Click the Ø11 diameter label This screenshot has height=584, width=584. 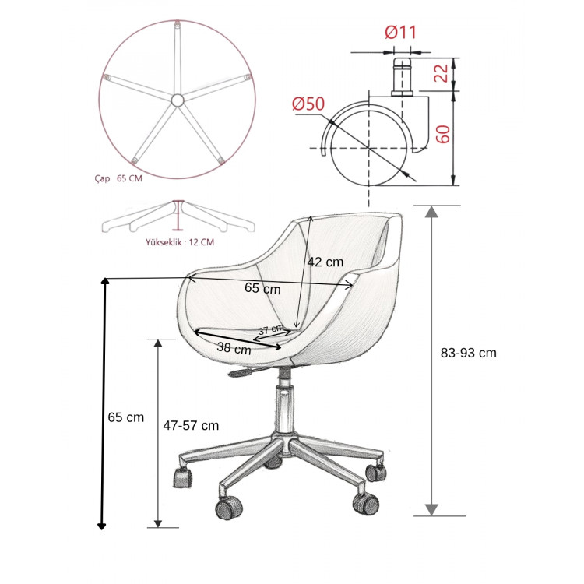401,32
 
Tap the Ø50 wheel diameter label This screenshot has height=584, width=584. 308,104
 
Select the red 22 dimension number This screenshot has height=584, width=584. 442,73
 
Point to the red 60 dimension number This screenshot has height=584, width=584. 442,134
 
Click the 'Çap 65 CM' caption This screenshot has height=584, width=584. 118,178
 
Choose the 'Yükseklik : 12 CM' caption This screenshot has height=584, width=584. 180,242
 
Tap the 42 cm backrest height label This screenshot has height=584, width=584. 325,262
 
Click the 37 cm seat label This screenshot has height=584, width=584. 271,329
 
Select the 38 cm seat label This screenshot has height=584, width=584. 234,348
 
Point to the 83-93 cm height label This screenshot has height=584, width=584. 469,353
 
